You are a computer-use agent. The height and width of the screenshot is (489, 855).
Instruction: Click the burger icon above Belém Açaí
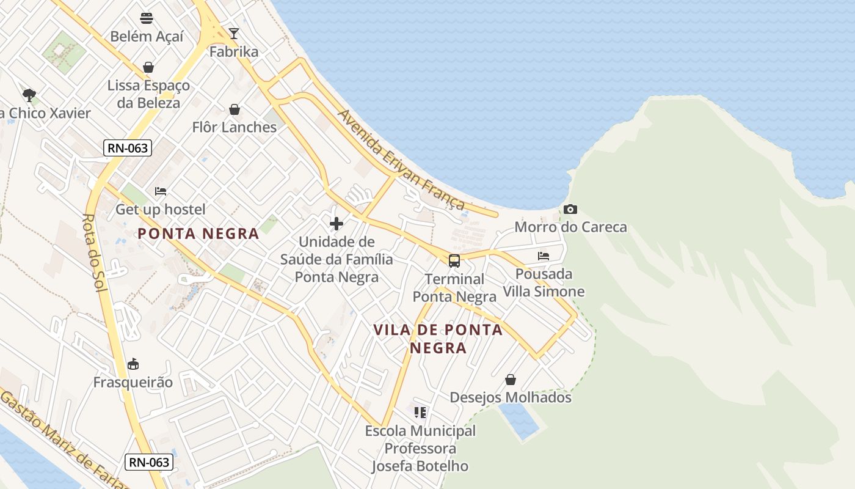[147, 18]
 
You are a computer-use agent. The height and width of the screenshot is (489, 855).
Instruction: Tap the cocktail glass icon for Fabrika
[233, 33]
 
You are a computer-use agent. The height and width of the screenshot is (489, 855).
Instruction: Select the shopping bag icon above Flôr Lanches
[234, 109]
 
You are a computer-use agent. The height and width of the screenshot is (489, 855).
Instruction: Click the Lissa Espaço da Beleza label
[148, 94]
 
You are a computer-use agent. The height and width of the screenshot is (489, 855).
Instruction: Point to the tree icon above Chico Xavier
[29, 95]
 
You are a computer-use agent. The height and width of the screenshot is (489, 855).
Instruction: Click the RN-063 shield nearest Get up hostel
[127, 147]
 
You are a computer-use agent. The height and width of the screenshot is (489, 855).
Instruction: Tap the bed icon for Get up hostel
[160, 191]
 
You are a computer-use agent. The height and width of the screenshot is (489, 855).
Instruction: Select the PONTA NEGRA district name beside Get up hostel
[198, 233]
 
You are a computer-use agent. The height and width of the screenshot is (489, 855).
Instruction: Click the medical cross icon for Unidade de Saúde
[336, 223]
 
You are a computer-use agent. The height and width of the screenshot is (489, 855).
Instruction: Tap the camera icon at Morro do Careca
[570, 210]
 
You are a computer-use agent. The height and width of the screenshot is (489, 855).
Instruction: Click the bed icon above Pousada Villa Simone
[544, 256]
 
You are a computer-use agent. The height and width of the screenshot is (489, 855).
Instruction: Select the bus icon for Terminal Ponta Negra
[454, 261]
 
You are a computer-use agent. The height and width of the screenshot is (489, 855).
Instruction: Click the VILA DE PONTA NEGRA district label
[438, 339]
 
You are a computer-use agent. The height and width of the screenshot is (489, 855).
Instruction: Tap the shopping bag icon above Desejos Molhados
[511, 380]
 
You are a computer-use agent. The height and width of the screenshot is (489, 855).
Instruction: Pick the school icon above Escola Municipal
[420, 413]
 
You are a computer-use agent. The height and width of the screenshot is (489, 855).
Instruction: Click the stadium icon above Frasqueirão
[133, 364]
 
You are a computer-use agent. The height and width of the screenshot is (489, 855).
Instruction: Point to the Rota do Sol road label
[96, 252]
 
